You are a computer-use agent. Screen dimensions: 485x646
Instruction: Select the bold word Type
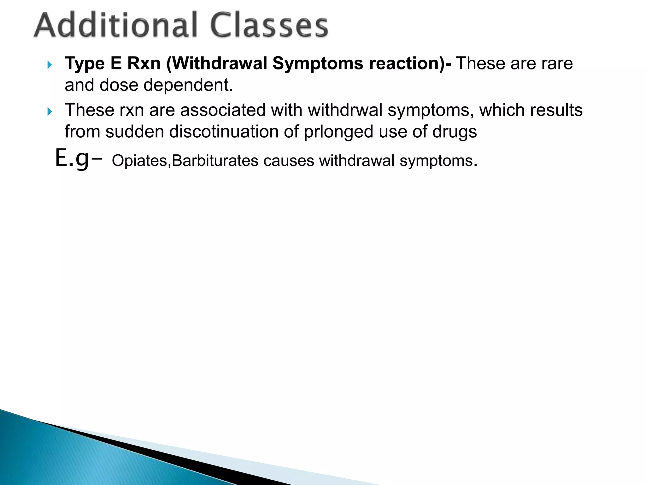click(x=85, y=63)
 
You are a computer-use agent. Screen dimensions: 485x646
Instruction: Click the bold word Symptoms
click(x=318, y=63)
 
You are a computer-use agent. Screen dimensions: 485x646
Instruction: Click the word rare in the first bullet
click(x=557, y=63)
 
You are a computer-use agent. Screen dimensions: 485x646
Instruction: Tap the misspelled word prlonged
click(x=338, y=132)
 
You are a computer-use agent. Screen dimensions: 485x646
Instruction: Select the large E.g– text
click(x=78, y=159)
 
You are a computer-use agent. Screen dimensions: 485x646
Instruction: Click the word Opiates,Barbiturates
click(x=185, y=161)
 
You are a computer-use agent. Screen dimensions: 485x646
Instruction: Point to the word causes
click(x=289, y=161)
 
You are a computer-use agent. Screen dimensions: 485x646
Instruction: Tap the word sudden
click(x=135, y=132)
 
